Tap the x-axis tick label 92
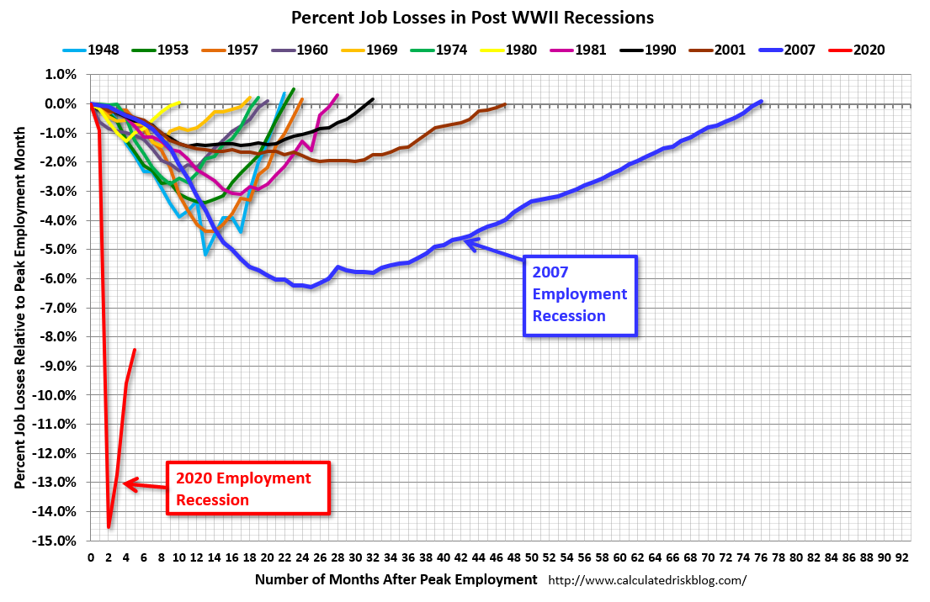[902, 557]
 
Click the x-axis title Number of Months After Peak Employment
[396, 579]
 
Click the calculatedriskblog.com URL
[647, 580]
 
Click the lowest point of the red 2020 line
[109, 526]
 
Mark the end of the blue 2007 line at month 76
[761, 102]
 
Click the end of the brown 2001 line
[505, 104]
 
